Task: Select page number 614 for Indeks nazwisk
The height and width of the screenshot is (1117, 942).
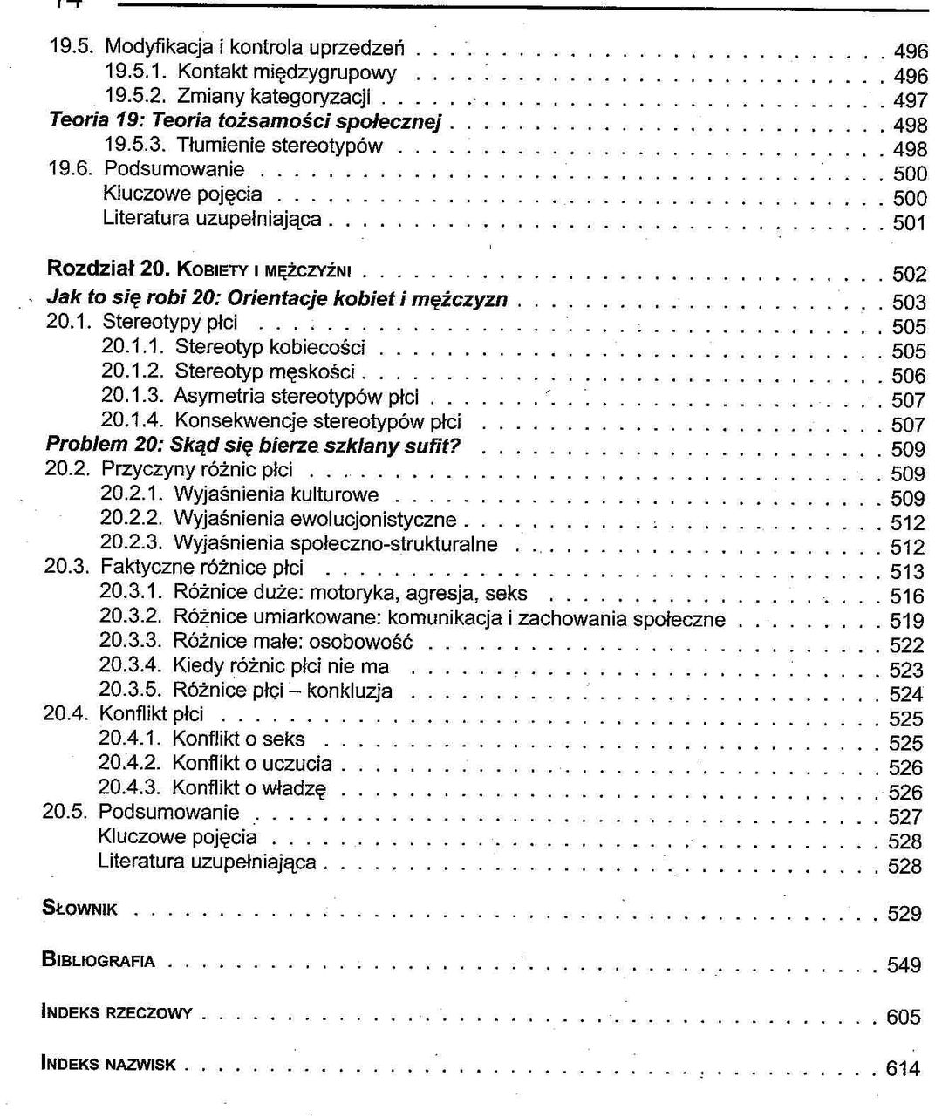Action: click(902, 1068)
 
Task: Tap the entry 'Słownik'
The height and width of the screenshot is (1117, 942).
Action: click(79, 909)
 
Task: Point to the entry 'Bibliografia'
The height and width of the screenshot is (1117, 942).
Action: click(99, 961)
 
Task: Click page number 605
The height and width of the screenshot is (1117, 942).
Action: click(903, 1018)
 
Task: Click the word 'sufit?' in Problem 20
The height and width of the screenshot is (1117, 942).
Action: click(433, 446)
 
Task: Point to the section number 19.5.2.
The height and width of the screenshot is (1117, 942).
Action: click(135, 96)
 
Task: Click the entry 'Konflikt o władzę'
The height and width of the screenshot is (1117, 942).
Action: click(249, 789)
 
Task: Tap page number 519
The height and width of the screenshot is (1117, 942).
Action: click(906, 621)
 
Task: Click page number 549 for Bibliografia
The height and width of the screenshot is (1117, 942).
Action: click(904, 965)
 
